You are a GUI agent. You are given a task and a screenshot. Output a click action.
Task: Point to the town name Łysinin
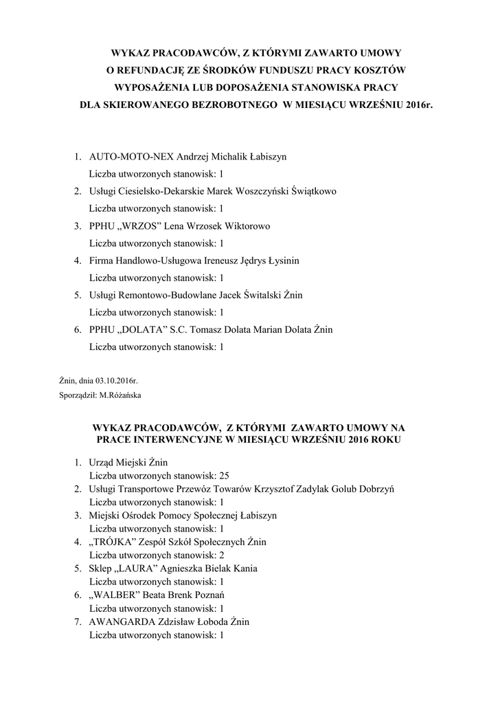tap(281, 261)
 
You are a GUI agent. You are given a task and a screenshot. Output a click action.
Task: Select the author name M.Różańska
tap(121, 395)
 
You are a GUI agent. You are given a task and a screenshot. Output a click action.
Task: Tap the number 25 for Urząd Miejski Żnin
tap(223, 475)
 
